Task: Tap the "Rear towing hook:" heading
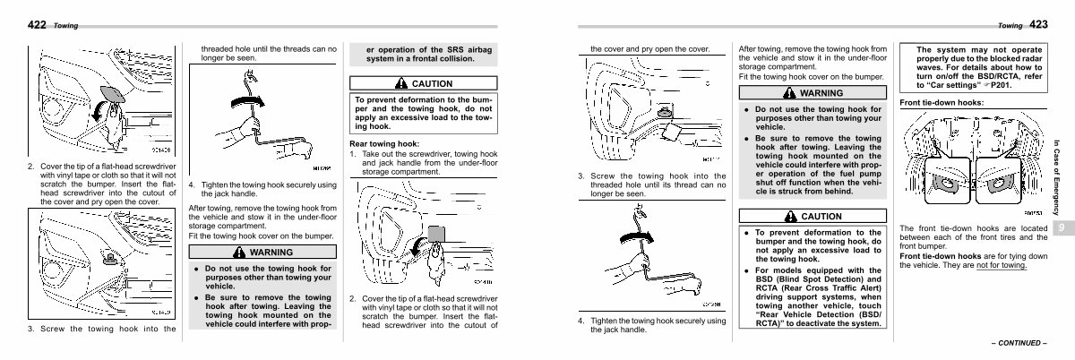(383, 143)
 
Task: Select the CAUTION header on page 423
(813, 217)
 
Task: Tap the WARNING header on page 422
(263, 252)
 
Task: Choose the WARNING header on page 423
(813, 92)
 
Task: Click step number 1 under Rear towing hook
(353, 154)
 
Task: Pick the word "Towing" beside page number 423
(1010, 25)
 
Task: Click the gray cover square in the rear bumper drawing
(435, 234)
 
